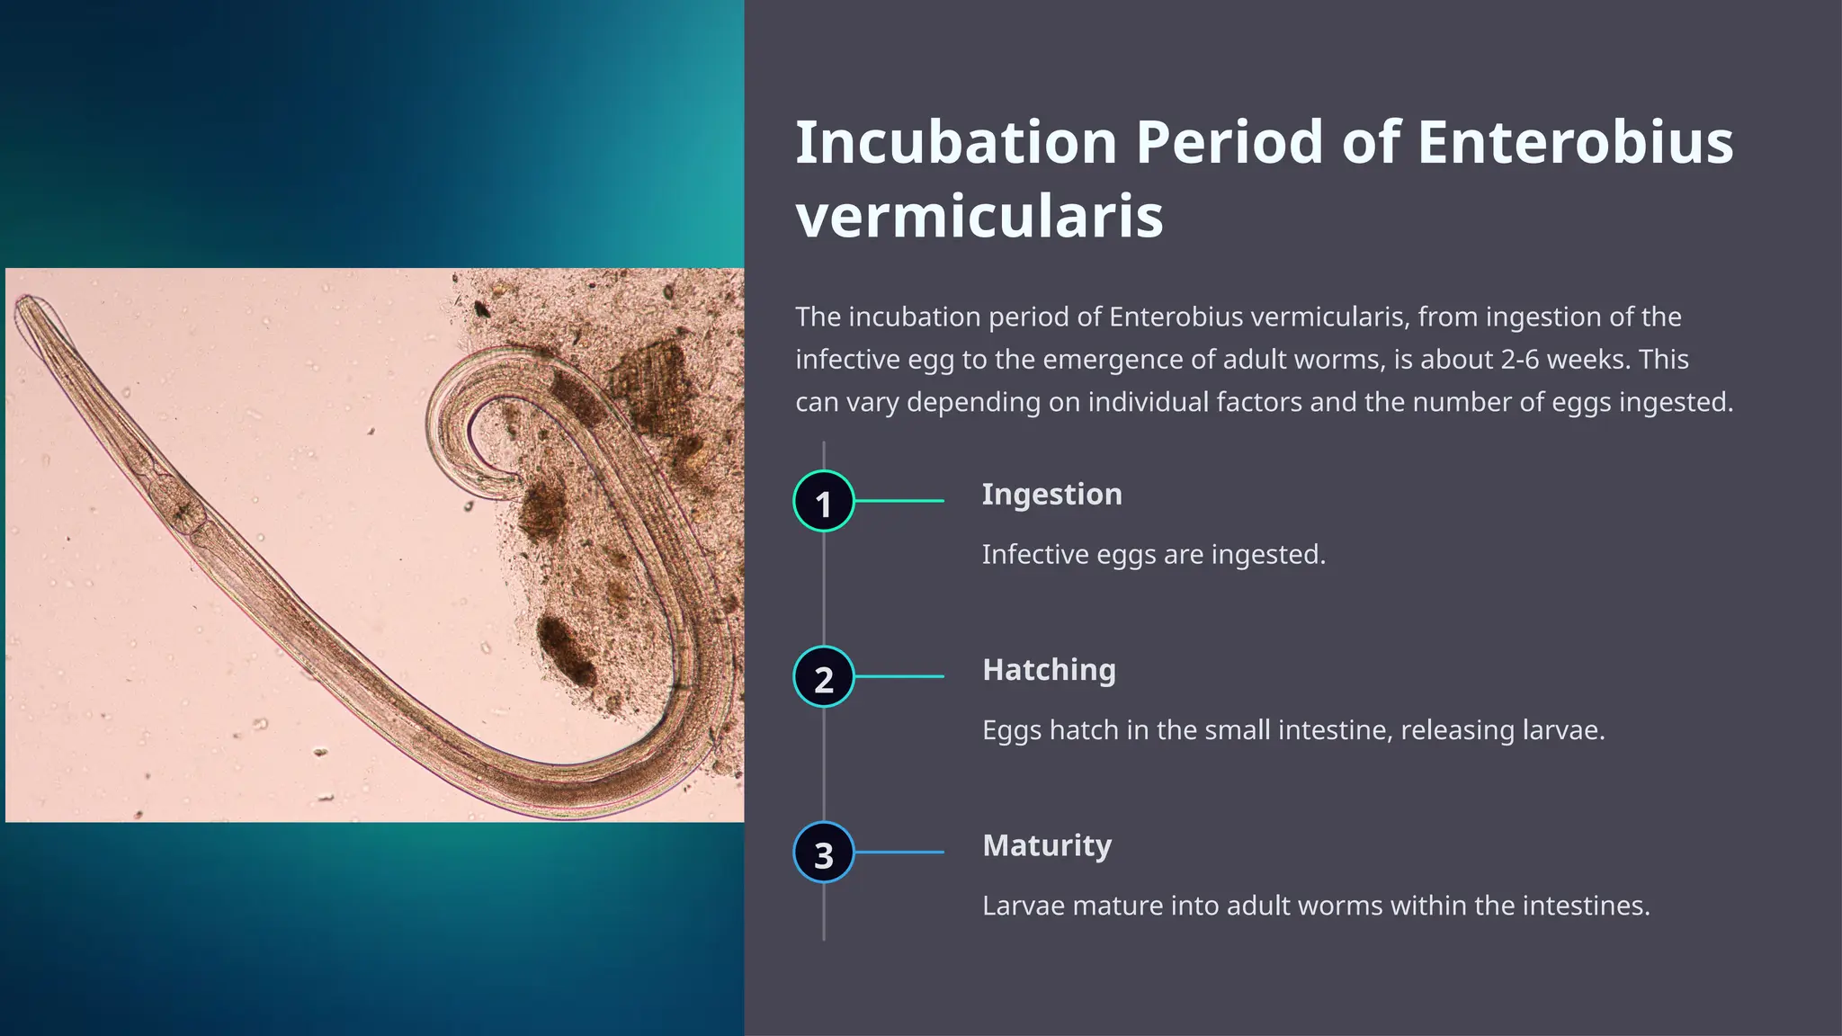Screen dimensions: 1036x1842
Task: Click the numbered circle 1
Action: pos(823,501)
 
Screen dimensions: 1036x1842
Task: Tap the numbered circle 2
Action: pos(823,676)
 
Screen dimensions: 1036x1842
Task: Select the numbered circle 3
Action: pos(823,853)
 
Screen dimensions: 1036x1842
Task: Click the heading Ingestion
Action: pos(1051,495)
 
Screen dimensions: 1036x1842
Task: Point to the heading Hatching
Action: pos(1049,670)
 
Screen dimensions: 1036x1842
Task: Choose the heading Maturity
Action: pos(1047,845)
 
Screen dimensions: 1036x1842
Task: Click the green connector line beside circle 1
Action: pos(899,501)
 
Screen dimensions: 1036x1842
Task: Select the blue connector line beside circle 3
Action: pos(899,853)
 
